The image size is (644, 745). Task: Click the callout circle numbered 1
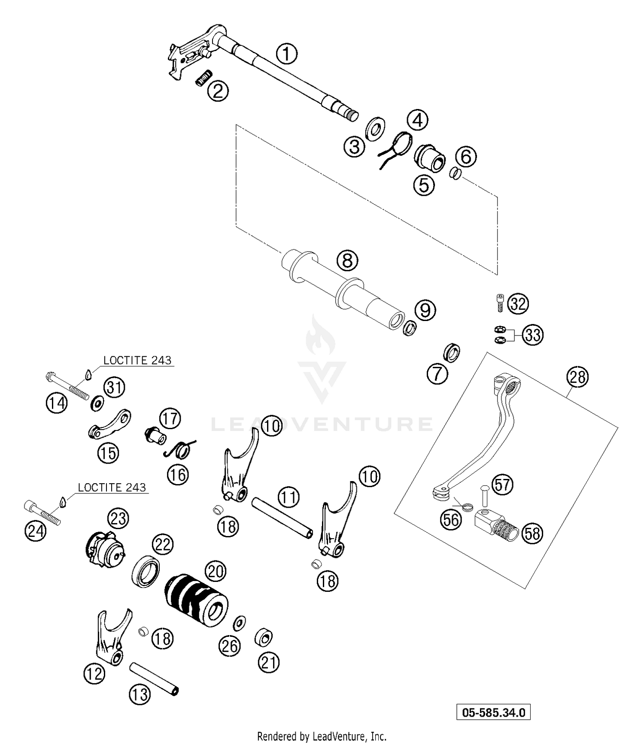coord(286,55)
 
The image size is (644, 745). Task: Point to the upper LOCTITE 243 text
coord(137,360)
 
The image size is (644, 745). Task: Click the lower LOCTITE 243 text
coord(112,488)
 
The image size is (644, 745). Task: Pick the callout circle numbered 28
coord(577,377)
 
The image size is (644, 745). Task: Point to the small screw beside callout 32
coord(500,303)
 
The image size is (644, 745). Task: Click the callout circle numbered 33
coord(532,335)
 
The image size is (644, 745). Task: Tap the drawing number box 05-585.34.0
coord(493,713)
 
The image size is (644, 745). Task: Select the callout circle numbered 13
coord(140,694)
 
